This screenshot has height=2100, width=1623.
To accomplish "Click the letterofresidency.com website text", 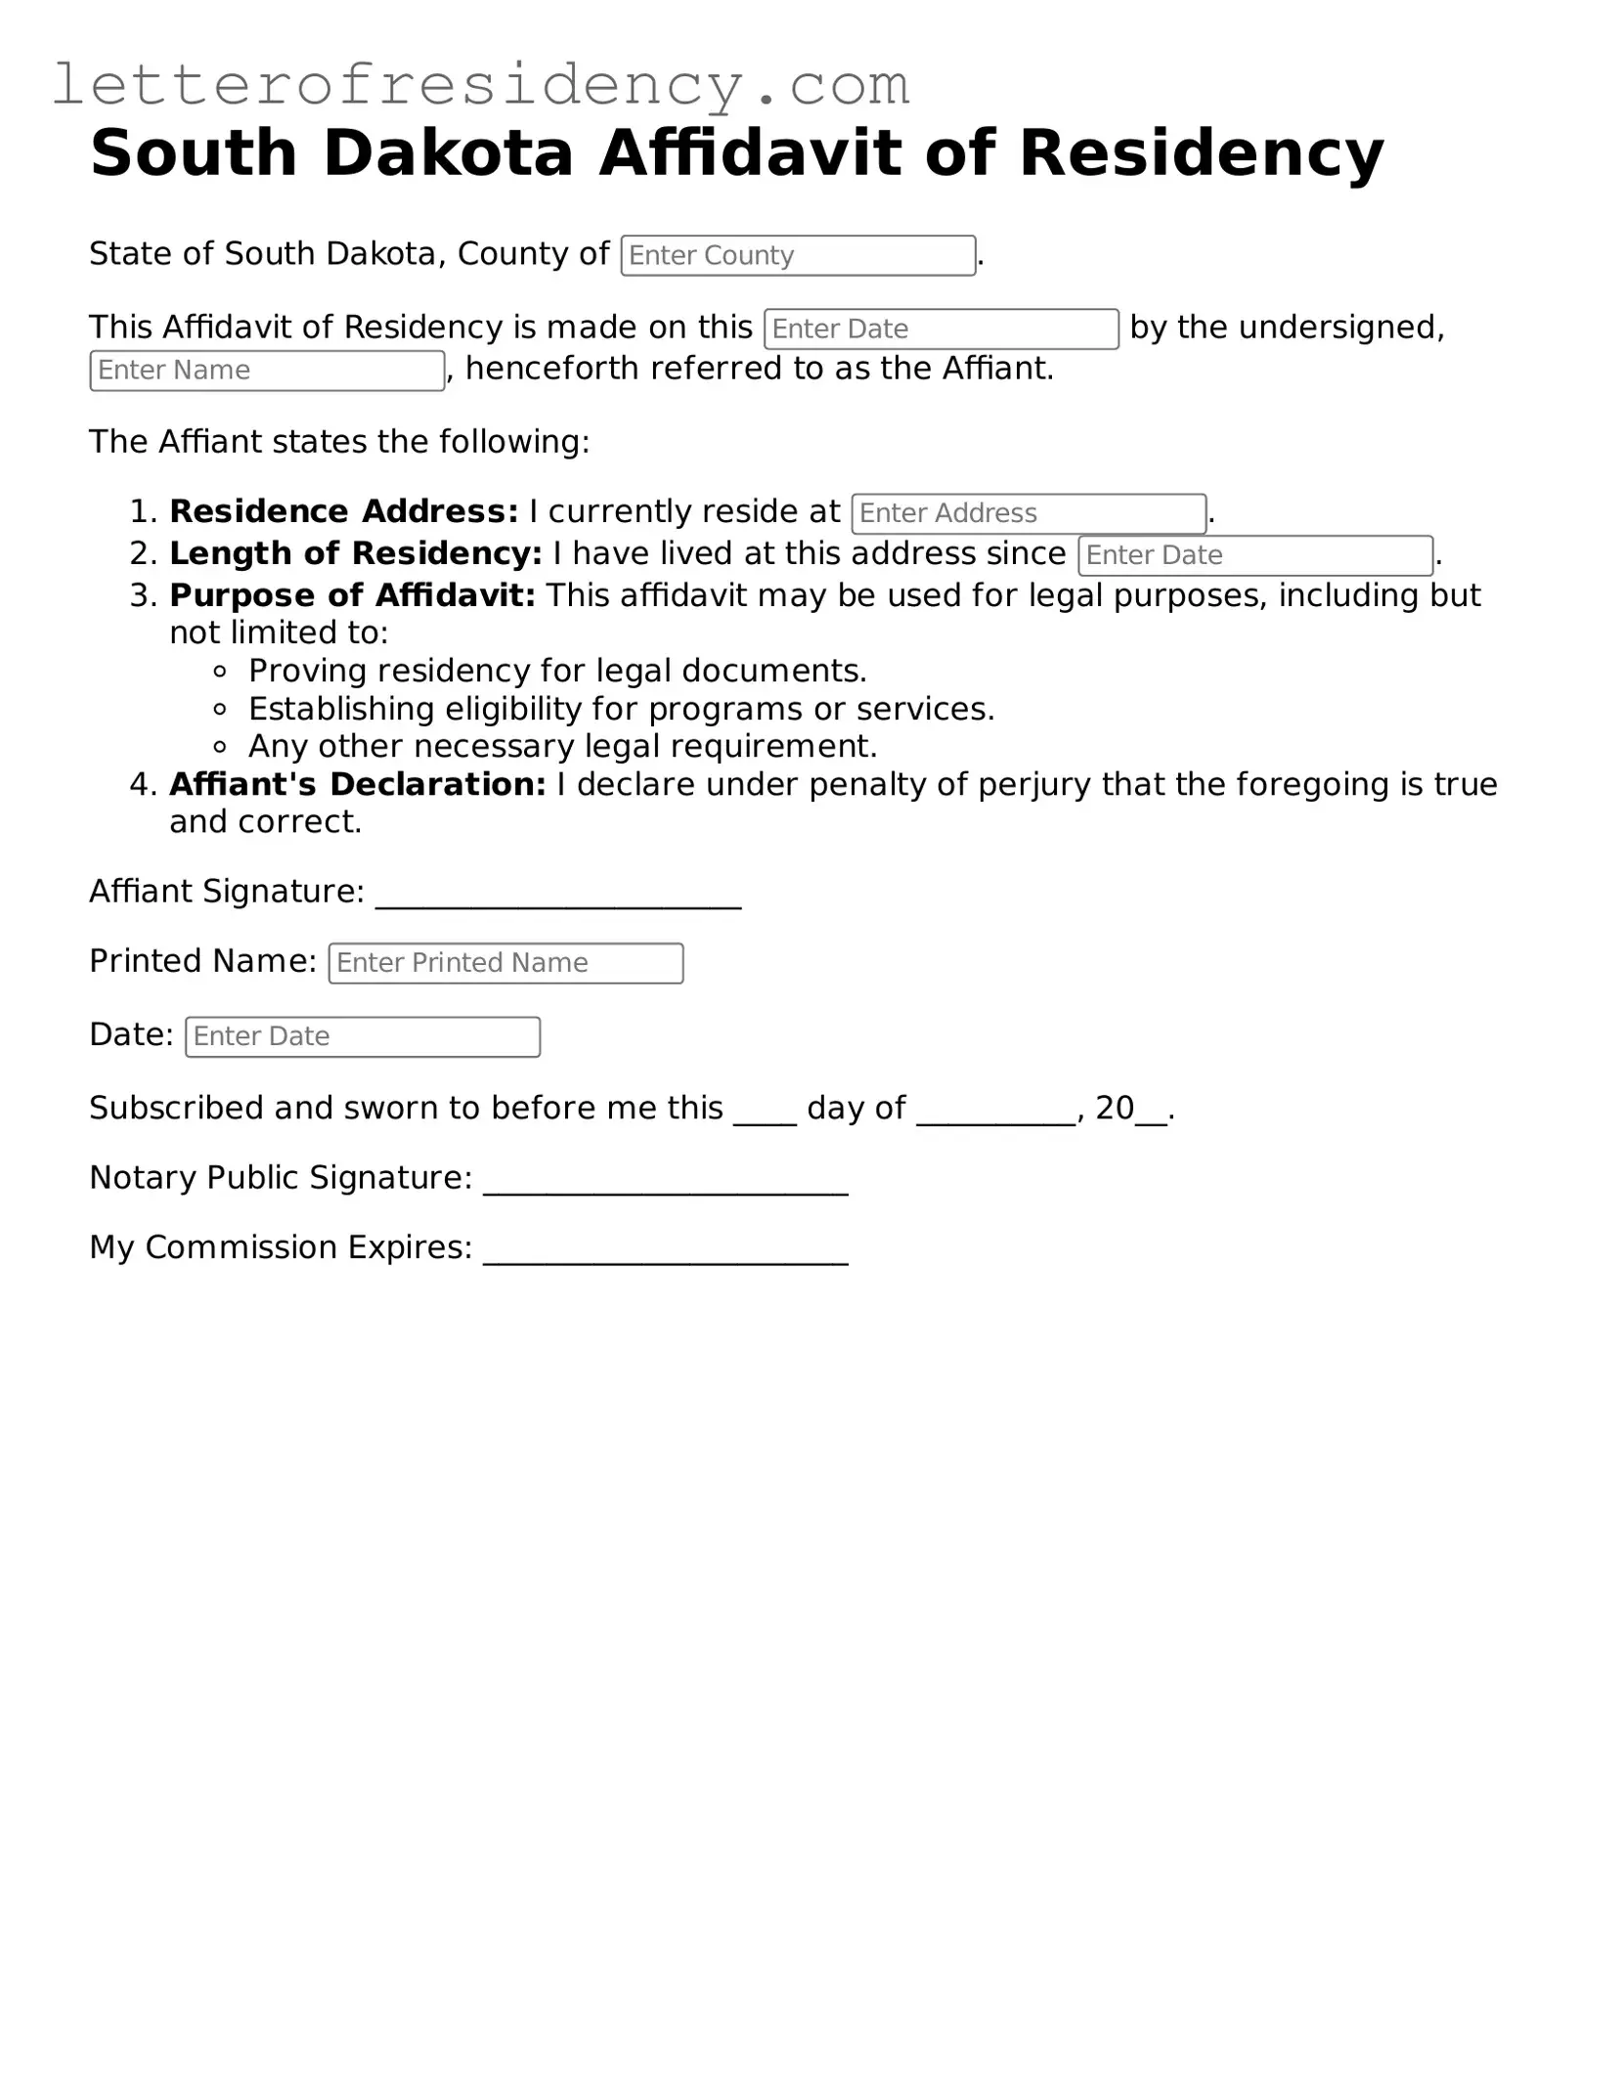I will click(x=480, y=85).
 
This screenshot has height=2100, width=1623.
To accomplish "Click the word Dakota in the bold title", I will click(x=447, y=153).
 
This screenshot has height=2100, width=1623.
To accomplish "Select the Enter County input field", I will click(x=798, y=255).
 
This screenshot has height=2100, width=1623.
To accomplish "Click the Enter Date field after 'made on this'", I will click(x=941, y=328).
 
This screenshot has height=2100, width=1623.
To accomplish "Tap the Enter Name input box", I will click(x=267, y=371).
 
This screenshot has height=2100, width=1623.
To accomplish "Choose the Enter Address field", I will click(x=1028, y=513).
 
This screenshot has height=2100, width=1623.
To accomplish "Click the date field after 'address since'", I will click(x=1254, y=555).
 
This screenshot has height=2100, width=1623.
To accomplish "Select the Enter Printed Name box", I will click(x=505, y=963).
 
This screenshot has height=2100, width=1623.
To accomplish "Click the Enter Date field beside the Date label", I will click(x=362, y=1036).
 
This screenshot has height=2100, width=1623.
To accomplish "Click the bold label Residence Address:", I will click(x=343, y=511).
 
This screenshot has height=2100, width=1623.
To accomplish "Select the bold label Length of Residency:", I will click(x=355, y=553).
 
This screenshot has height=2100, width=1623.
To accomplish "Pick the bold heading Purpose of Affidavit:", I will click(x=352, y=595).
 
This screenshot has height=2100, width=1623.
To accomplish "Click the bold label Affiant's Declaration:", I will click(x=357, y=784).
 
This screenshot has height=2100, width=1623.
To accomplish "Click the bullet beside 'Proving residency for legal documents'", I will click(x=220, y=672).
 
